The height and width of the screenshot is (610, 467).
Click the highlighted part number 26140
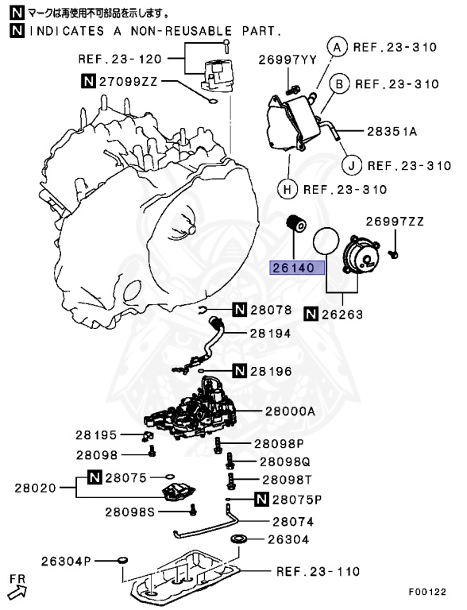click(x=298, y=268)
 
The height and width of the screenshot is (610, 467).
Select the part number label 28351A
click(x=392, y=130)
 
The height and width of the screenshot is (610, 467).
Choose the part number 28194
click(x=271, y=334)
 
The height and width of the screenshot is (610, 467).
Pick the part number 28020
click(x=35, y=487)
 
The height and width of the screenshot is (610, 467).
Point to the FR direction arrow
click(x=17, y=589)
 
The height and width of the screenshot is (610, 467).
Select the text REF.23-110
click(x=318, y=571)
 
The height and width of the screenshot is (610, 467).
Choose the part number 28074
click(x=292, y=522)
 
